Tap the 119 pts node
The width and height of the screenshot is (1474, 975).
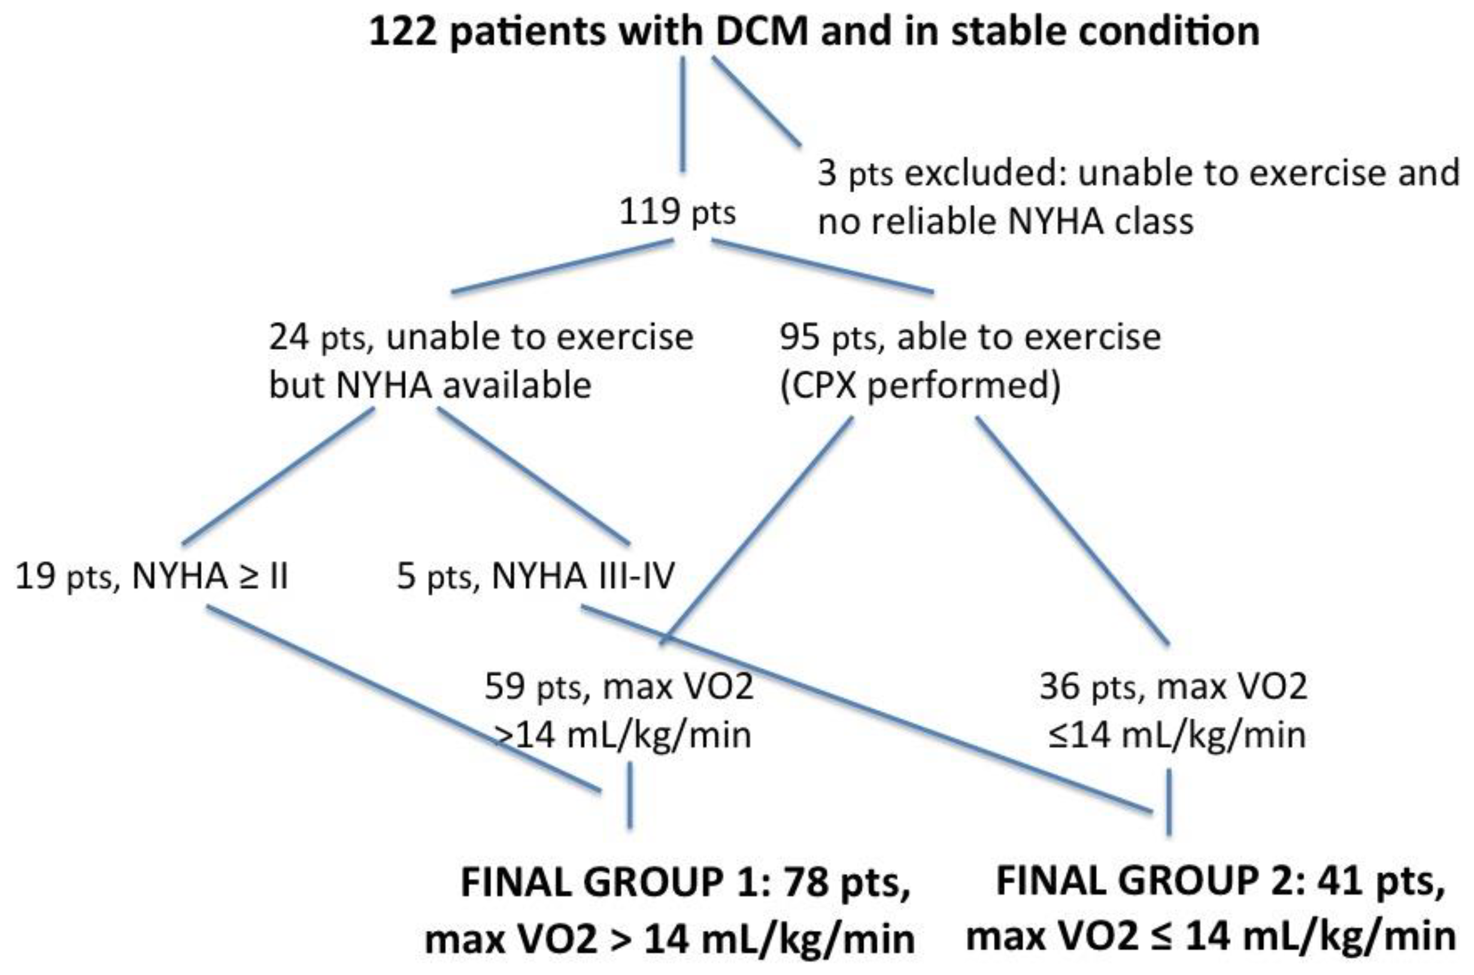pos(677,214)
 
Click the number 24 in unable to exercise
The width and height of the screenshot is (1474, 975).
pos(289,337)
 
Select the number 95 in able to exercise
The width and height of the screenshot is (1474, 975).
pos(799,337)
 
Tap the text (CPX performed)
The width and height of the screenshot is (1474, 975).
pos(920,386)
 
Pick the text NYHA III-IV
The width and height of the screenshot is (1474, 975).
pos(583,577)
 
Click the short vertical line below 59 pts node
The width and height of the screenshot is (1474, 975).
pos(630,796)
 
